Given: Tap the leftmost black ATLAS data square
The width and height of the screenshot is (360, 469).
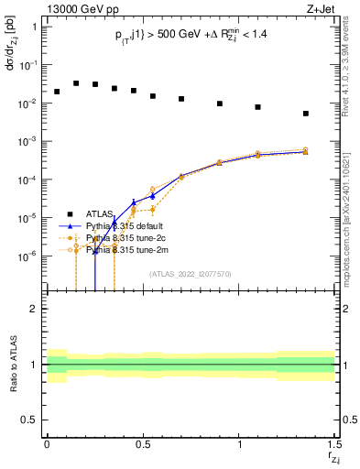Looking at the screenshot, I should pos(57,92).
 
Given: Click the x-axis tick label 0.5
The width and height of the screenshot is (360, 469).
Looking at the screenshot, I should pos(142,446).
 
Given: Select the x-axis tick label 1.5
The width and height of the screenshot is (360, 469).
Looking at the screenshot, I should pos(334,446).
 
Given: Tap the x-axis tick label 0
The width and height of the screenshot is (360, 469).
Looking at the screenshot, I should pos(47,446).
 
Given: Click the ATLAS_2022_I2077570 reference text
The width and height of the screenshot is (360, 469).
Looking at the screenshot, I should pos(191,274).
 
